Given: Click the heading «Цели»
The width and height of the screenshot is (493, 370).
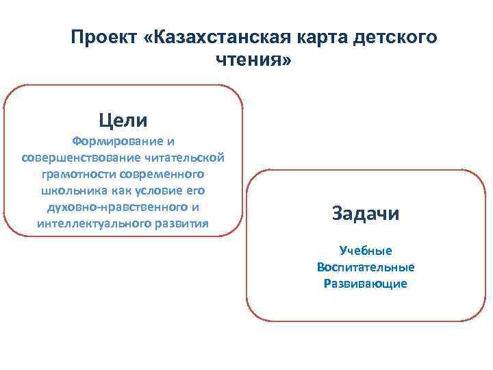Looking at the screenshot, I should click(123, 121).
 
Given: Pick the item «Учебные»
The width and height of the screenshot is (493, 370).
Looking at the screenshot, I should click(366, 251).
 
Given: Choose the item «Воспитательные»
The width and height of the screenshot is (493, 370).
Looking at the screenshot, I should click(366, 267).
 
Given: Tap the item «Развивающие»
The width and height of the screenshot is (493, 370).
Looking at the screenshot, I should click(366, 284).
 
